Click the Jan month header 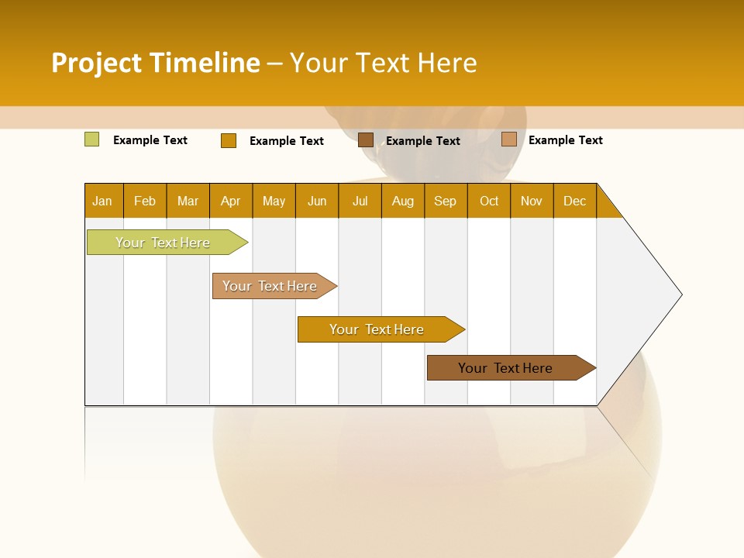(103, 201)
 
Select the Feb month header (145, 201)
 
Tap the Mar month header (188, 201)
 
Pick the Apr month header (231, 201)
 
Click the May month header (274, 201)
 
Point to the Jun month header (317, 201)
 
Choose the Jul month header (360, 201)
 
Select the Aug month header (403, 201)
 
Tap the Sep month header (446, 201)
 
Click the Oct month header (489, 201)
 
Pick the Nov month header (532, 201)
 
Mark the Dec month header (575, 201)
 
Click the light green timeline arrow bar (164, 243)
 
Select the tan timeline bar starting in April (270, 286)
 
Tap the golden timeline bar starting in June (377, 329)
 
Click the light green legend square (92, 139)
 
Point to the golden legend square (229, 140)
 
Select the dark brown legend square (366, 139)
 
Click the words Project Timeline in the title (156, 63)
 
